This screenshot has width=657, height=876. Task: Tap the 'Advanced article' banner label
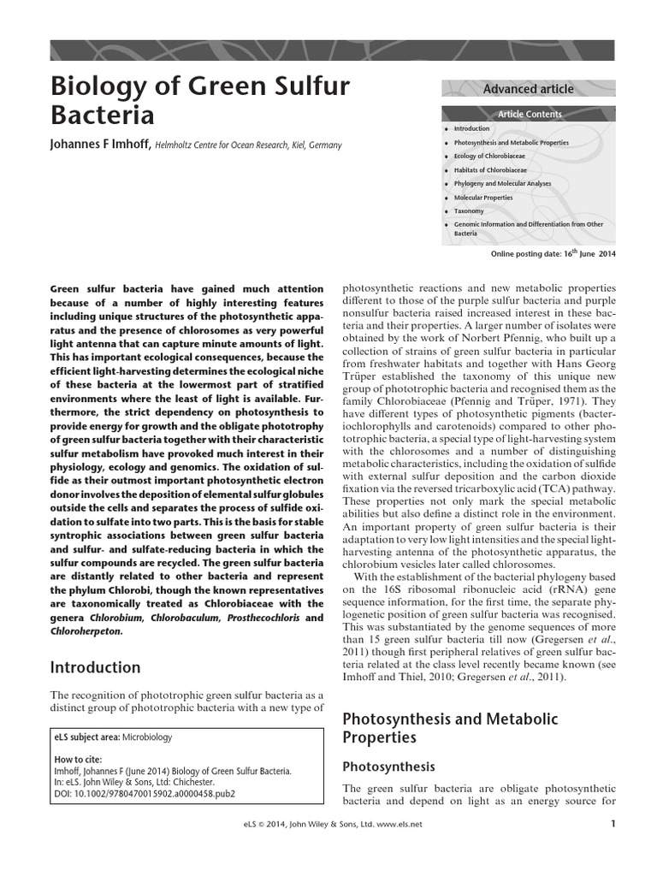528,89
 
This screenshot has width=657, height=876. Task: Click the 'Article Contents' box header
530,114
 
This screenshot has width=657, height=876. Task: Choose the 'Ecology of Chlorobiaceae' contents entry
489,157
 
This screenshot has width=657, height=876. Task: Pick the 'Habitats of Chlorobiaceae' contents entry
489,170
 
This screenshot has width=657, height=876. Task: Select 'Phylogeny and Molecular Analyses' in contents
502,184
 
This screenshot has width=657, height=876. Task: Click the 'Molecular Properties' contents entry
483,198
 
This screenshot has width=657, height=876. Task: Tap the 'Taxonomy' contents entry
469,211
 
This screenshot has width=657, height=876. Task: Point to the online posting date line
553,254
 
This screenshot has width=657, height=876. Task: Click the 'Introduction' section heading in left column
95,667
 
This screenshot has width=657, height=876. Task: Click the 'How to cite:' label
77,759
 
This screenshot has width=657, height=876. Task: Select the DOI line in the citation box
144,793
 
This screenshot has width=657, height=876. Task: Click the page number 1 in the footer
613,825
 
